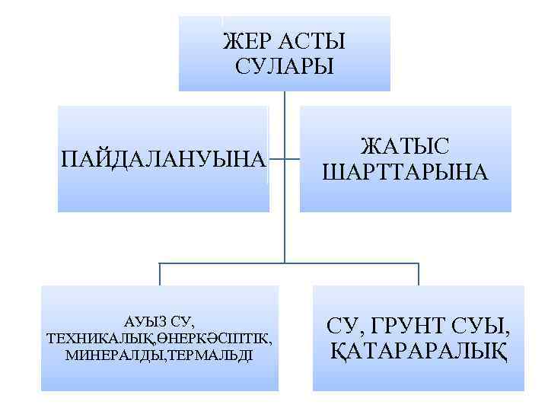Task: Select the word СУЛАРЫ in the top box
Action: (x=284, y=66)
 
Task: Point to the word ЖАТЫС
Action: (x=404, y=146)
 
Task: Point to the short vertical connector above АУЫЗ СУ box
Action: (x=160, y=274)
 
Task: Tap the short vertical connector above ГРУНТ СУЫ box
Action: (x=419, y=274)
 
